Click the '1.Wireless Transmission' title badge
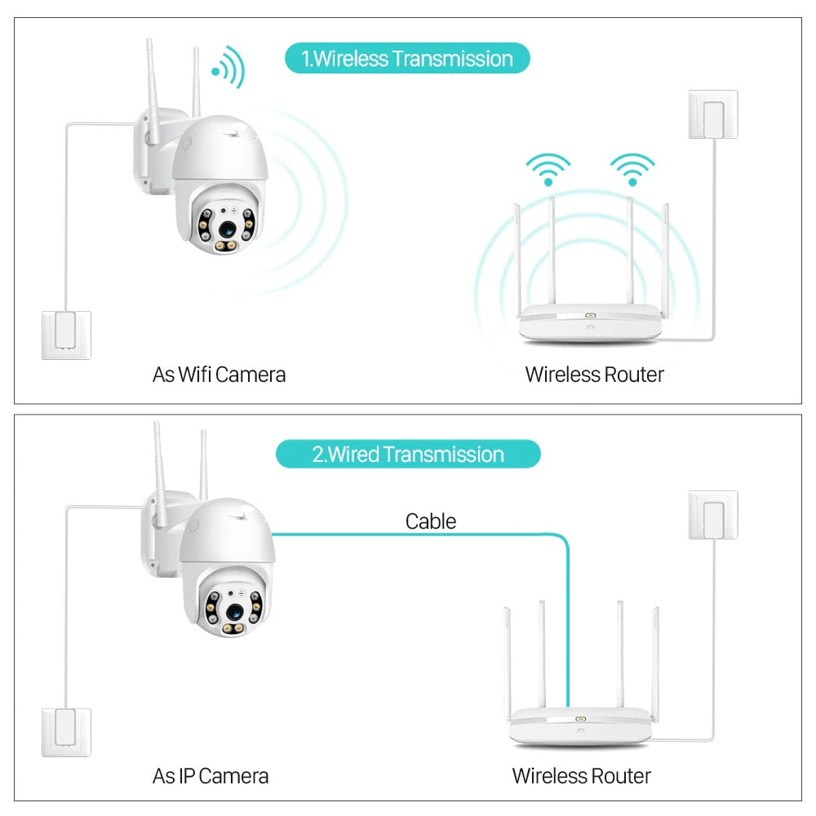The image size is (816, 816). [407, 59]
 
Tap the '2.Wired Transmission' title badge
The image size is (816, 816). [408, 455]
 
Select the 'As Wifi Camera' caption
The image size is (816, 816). [219, 375]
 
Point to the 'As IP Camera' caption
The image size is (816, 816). [211, 775]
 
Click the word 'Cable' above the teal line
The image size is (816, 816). [431, 521]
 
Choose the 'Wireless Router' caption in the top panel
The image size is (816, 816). [594, 375]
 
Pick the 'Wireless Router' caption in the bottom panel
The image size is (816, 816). [581, 775]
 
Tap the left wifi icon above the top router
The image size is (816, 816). [548, 169]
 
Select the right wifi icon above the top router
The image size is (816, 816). [632, 169]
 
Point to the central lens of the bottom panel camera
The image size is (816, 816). [233, 611]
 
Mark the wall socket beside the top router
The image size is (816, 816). [713, 115]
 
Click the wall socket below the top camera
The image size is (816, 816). [66, 335]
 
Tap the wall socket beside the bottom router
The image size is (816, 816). [713, 515]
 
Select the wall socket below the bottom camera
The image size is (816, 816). [66, 732]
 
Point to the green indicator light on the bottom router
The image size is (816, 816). [580, 720]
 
